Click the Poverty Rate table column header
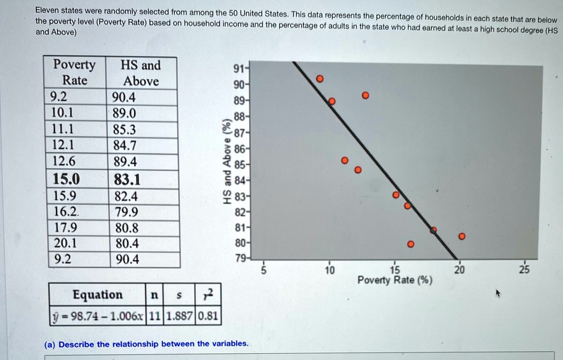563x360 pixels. [x=74, y=73]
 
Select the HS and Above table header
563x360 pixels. [x=141, y=73]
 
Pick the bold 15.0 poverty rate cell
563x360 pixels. [x=66, y=179]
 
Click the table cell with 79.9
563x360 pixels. [x=126, y=212]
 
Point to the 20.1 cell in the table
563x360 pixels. [x=65, y=243]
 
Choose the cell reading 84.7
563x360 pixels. [x=125, y=146]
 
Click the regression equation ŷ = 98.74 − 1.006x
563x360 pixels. [x=97, y=316]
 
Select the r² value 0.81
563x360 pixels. [x=208, y=316]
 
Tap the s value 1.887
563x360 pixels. [x=179, y=316]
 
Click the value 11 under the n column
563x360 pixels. [x=154, y=316]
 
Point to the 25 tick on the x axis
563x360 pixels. [x=525, y=270]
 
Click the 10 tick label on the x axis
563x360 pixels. [x=328, y=270]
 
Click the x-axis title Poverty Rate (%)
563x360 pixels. [x=395, y=281]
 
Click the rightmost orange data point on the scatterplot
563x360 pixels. [x=462, y=236]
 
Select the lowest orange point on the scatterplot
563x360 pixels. [x=411, y=244]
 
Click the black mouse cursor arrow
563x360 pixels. [x=498, y=293]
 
